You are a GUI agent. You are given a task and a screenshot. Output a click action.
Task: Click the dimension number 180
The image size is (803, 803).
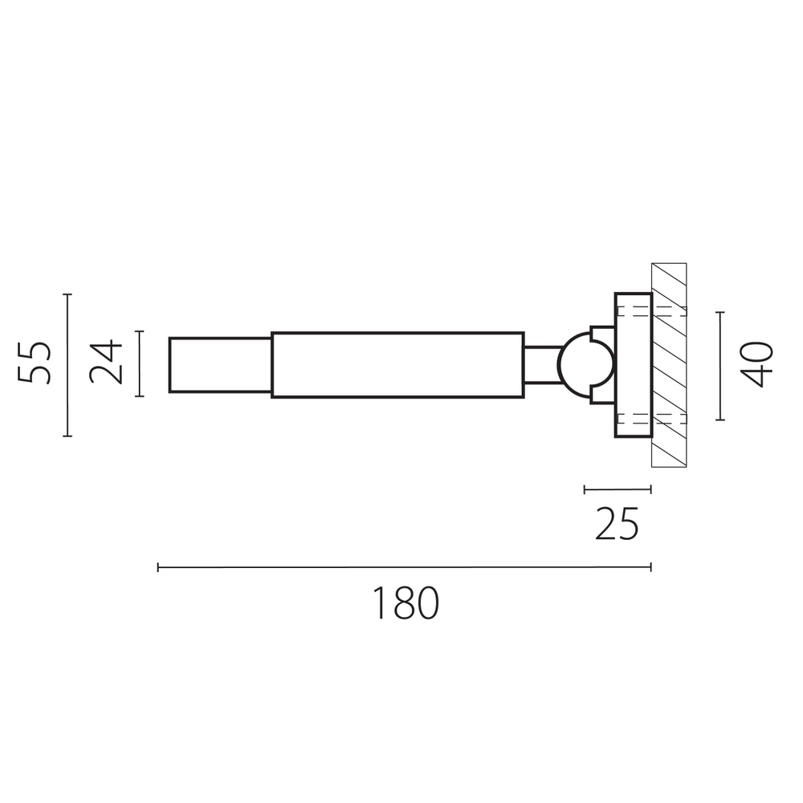405,603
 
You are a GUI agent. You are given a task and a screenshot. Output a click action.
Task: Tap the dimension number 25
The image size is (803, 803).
617,524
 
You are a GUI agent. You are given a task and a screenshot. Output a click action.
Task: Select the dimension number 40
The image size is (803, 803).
757,364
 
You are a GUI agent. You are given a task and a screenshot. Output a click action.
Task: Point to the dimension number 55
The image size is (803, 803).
35,362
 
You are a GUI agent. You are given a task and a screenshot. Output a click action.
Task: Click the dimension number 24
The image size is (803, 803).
106,362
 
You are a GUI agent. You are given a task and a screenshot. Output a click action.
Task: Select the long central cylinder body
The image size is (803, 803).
397,365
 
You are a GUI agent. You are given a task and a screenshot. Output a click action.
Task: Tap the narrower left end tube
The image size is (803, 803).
221,365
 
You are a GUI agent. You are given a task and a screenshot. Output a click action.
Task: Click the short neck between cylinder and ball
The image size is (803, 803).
541,365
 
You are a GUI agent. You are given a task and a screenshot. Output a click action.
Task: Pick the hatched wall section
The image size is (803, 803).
669,365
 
